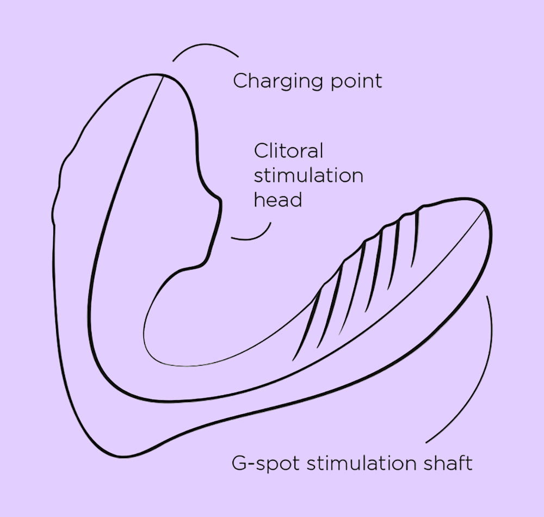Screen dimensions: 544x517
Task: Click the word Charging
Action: coord(279,82)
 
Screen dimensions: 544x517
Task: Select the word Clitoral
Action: coord(288,151)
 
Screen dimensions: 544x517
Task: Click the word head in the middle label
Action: coord(278,200)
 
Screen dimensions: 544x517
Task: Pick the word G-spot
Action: coord(265,463)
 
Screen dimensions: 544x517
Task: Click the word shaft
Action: coord(448,463)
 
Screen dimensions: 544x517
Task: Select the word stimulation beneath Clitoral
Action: coord(308,175)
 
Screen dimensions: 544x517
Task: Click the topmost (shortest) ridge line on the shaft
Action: coord(415,238)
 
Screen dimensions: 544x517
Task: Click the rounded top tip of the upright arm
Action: coord(156,75)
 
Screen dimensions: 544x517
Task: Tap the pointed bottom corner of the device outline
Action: coord(114,455)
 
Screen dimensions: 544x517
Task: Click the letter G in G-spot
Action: coord(239,463)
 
